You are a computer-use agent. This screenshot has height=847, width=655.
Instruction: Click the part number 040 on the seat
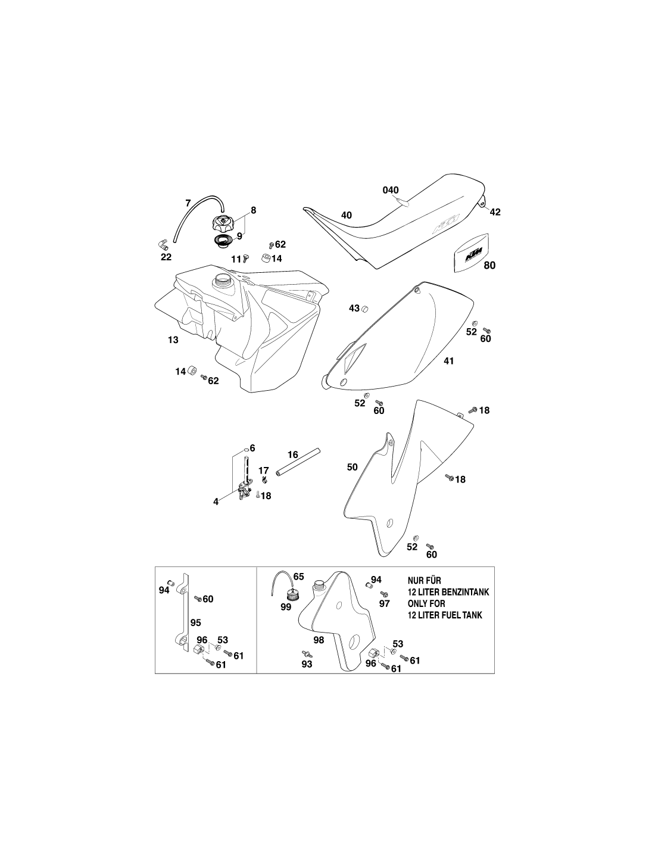[x=390, y=190]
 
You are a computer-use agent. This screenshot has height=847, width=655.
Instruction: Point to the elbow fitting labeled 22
[x=161, y=245]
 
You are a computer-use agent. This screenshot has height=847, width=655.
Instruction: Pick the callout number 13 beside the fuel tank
[x=173, y=340]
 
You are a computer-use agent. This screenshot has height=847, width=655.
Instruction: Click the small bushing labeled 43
[x=365, y=309]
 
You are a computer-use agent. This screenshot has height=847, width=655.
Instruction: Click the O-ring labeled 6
[x=247, y=449]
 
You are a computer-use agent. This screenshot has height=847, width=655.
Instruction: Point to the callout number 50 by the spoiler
[x=353, y=467]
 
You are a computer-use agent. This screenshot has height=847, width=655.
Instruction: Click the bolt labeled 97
[x=385, y=594]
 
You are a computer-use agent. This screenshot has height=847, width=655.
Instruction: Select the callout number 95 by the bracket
[x=195, y=623]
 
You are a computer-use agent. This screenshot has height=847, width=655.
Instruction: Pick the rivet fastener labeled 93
[x=305, y=652]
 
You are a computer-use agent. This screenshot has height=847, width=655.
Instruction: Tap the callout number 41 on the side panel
[x=449, y=361]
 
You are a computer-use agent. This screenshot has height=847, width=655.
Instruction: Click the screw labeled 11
[x=245, y=258]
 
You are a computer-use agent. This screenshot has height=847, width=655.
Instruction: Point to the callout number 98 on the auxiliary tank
[x=319, y=640]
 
